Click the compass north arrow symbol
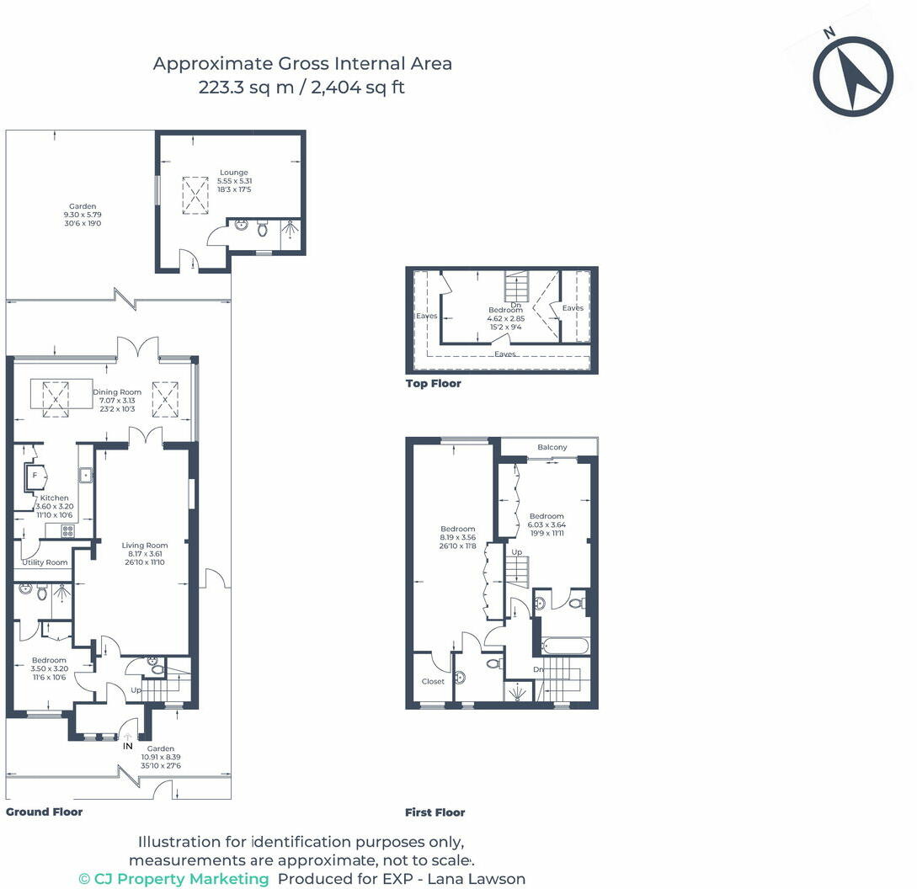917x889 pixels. click(x=853, y=76)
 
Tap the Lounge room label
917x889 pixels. click(x=234, y=173)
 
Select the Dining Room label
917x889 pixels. click(x=117, y=391)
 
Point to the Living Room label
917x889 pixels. click(x=145, y=545)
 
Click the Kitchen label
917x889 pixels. click(x=55, y=498)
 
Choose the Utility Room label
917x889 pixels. click(x=45, y=562)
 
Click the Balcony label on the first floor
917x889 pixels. click(x=552, y=447)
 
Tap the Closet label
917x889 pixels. click(x=433, y=681)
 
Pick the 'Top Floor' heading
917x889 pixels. click(x=434, y=384)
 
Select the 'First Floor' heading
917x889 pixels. click(x=435, y=812)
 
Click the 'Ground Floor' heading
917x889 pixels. click(x=45, y=812)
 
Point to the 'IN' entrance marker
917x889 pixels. click(x=127, y=746)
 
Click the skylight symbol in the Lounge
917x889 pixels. click(x=195, y=196)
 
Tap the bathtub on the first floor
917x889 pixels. click(x=566, y=647)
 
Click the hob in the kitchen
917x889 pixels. click(x=68, y=531)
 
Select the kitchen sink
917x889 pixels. click(x=86, y=475)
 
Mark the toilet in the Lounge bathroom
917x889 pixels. click(x=262, y=228)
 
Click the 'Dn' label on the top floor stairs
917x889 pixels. click(x=516, y=305)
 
